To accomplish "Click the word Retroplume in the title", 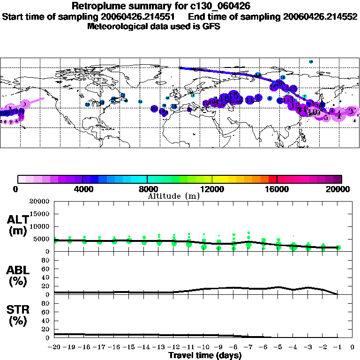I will coord(94,6).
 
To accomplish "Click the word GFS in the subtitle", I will coord(210,26).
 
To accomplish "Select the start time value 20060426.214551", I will coord(142,16).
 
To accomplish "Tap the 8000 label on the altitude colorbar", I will coord(147,189).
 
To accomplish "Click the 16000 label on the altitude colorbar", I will coord(277,189).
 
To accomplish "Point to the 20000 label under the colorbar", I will coord(339,189).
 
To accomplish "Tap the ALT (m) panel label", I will coord(18,225).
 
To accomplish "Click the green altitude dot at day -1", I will coord(338,247).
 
